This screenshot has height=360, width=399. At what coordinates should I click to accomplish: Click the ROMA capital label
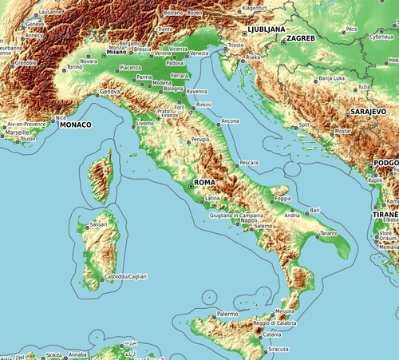[x=205, y=182]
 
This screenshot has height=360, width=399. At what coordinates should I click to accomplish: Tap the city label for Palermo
[x=227, y=314]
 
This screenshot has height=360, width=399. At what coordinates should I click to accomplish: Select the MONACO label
[x=76, y=125]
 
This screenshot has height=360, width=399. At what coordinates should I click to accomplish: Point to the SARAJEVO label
[x=369, y=113]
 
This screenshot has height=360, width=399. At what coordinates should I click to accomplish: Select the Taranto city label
[x=328, y=233]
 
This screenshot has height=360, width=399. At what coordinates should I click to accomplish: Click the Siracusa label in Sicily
[x=279, y=349]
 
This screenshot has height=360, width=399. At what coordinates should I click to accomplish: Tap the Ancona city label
[x=230, y=121]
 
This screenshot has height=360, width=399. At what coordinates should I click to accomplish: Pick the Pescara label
[x=249, y=162]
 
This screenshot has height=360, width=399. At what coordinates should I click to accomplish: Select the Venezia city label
[x=199, y=53]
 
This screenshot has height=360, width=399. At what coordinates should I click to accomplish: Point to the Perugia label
[x=200, y=140]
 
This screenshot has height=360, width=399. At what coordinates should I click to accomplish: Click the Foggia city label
[x=282, y=198]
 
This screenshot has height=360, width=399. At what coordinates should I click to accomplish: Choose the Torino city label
[x=74, y=67]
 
